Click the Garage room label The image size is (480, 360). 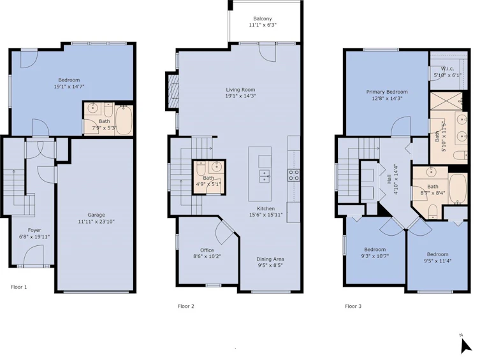point(96,215)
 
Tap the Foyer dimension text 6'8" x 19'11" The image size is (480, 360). point(34,237)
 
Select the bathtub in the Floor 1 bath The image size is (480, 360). point(124,120)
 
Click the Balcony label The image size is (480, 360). point(263,18)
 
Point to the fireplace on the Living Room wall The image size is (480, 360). point(173,90)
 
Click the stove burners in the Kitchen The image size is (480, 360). point(293,175)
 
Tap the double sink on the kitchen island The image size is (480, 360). point(265,176)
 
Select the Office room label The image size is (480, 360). point(207,250)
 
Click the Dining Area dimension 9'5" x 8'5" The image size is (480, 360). point(270,266)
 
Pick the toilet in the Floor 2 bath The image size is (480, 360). point(201,168)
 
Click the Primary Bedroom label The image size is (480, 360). point(387,92)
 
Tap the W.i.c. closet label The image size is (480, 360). point(447,69)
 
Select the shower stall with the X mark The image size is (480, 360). point(446,101)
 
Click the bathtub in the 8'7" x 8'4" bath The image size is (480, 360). point(458,189)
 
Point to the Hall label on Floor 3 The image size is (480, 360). point(389,179)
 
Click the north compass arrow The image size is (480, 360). point(465,346)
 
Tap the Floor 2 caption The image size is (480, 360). point(185,306)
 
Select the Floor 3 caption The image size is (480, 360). point(353,306)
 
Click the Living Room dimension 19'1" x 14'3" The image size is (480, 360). point(240,96)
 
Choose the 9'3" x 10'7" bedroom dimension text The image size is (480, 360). point(375,256)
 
